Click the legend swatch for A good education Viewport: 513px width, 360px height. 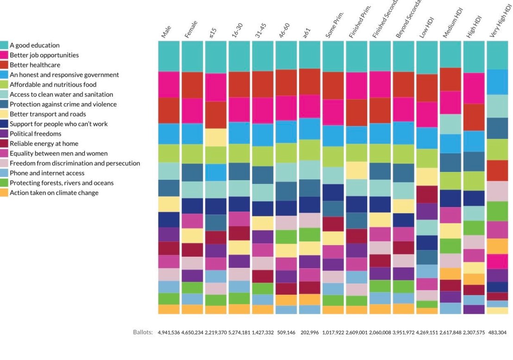pos(4,45)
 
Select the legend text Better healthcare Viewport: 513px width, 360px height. pos(35,65)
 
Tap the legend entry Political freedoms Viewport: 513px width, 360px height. pos(35,134)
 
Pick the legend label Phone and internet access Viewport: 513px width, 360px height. pos(47,173)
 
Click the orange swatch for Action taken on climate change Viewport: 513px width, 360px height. pos(4,193)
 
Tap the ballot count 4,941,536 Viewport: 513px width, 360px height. pos(169,333)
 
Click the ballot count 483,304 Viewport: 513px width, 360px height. pos(498,333)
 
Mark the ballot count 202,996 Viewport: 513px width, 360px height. pos(310,333)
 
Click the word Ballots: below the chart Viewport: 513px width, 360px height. pos(143,332)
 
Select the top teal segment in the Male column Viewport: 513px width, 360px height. pos(169,56)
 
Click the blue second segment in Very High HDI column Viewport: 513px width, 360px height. pos(497,82)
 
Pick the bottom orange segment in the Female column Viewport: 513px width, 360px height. pos(192,309)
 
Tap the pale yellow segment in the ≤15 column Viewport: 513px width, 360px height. pos(216,137)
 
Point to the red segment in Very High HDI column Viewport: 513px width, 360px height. pos(497,171)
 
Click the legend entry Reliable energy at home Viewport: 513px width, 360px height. pos(44,144)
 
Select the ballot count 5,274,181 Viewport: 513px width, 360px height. pos(239,333)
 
